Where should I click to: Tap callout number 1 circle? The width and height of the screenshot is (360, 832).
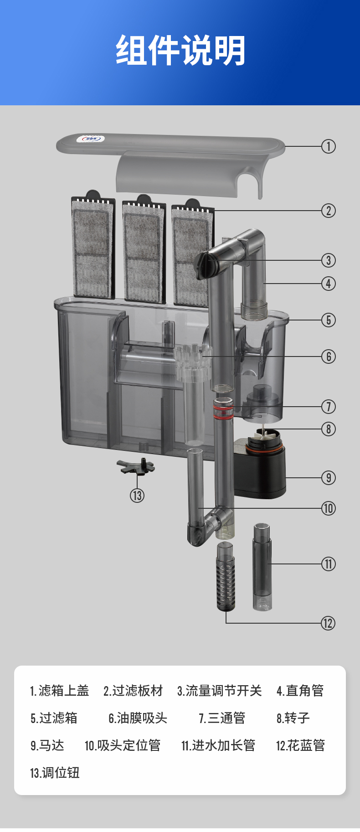coord(329,146)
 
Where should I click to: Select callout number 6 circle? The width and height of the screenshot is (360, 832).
coord(329,357)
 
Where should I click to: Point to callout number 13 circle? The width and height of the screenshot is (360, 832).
coord(137,496)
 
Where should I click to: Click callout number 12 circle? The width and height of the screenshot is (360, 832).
coord(328,623)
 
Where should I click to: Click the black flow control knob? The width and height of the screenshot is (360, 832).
coord(204,266)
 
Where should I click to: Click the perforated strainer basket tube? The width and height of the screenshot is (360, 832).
coord(226,577)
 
